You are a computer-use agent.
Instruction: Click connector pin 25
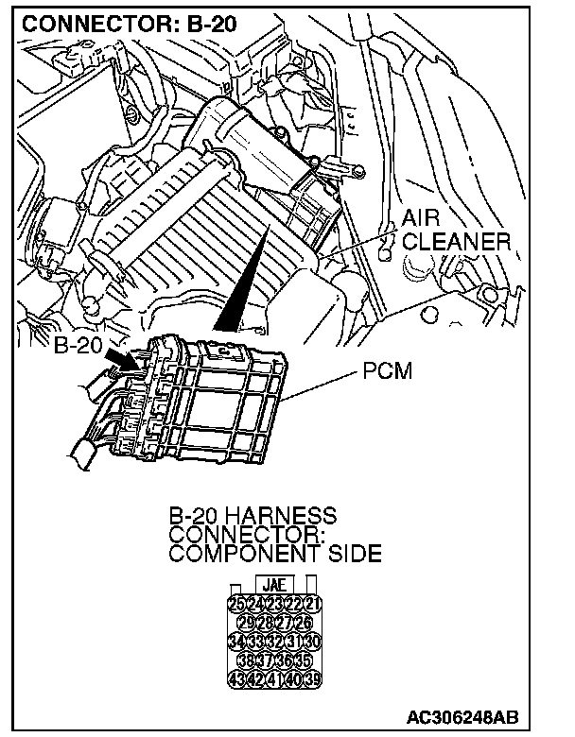235,602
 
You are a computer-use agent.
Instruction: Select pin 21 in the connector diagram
313,602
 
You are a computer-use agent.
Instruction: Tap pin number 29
246,621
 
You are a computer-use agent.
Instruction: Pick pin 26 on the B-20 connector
304,621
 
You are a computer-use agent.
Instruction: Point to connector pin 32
275,640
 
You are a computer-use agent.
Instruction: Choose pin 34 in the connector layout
235,640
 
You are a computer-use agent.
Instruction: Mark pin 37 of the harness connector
265,659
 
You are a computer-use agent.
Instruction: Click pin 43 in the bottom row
235,677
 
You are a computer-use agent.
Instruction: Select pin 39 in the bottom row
313,677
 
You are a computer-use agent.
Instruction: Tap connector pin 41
275,677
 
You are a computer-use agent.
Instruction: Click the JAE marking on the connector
274,585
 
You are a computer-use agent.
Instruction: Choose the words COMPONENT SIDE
274,553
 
